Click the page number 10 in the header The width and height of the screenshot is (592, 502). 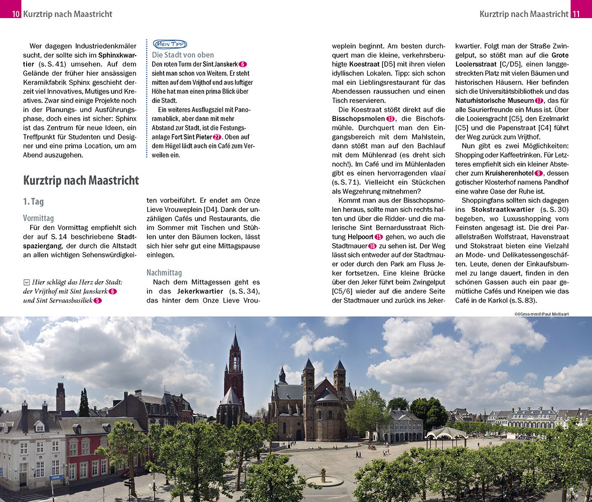pyautogui.click(x=16, y=14)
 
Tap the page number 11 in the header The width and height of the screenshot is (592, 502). pyautogui.click(x=576, y=14)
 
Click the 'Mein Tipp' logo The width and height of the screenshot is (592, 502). pyautogui.click(x=170, y=44)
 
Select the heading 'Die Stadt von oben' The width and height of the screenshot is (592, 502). pyautogui.click(x=183, y=55)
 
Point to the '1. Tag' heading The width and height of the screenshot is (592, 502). pyautogui.click(x=34, y=201)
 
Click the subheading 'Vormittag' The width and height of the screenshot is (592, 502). pyautogui.click(x=38, y=218)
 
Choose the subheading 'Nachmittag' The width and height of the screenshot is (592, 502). pyautogui.click(x=164, y=273)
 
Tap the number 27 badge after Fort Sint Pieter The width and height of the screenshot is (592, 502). pyautogui.click(x=217, y=137)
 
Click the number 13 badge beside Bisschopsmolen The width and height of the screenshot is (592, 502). pyautogui.click(x=391, y=118)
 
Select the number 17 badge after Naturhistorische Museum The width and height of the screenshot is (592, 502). pyautogui.click(x=539, y=100)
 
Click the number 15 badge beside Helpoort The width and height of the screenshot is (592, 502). pyautogui.click(x=379, y=236)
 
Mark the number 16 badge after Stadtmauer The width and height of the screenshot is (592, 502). pyautogui.click(x=372, y=246)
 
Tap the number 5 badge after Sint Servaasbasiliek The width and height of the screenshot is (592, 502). pyautogui.click(x=97, y=301)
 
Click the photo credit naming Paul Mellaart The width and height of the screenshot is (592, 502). pyautogui.click(x=541, y=314)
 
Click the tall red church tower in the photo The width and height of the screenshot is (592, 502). pyautogui.click(x=234, y=366)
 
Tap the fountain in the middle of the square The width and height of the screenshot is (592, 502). pyautogui.click(x=324, y=477)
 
